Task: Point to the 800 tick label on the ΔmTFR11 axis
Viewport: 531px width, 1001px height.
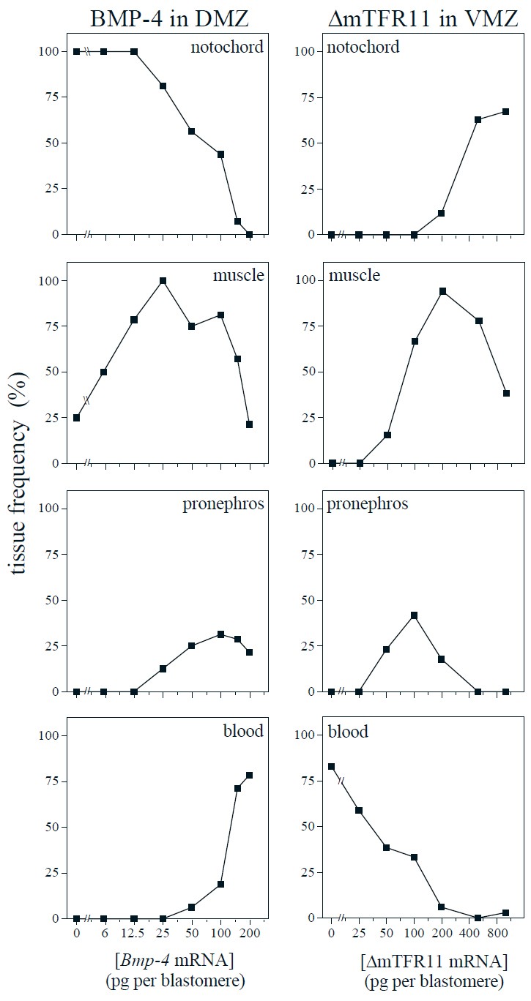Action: click(505, 933)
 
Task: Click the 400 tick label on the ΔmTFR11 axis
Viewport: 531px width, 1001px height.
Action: click(478, 933)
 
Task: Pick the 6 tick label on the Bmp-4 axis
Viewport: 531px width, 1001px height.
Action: click(104, 933)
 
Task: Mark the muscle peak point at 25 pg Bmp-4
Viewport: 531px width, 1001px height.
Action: click(163, 281)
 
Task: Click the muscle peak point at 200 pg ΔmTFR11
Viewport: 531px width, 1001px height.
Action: click(442, 291)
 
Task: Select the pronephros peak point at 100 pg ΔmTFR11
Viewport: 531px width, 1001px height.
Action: click(415, 615)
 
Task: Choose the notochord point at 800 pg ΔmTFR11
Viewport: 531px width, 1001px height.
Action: click(505, 111)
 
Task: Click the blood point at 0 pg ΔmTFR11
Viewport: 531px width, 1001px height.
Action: click(331, 767)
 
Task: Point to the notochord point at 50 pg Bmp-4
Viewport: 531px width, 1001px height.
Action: click(192, 132)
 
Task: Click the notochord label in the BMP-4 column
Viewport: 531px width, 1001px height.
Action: click(227, 48)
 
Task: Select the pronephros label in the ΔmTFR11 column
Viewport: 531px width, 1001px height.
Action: click(368, 504)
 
